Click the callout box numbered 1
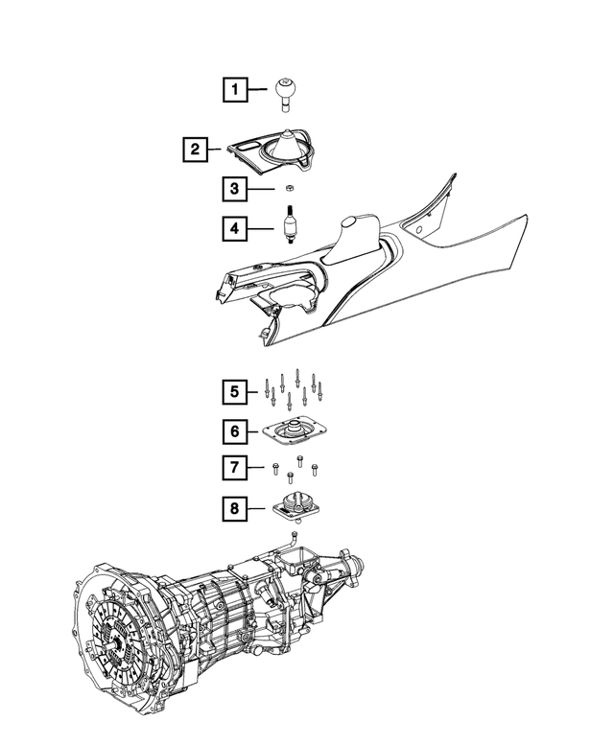tap(235, 89)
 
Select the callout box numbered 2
tap(196, 150)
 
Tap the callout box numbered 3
tap(235, 189)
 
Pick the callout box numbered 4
tap(235, 228)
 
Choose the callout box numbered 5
tap(235, 392)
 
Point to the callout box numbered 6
tap(235, 431)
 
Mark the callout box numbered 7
tap(235, 468)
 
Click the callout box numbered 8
tap(235, 509)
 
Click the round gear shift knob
tap(286, 94)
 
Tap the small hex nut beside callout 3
tap(288, 189)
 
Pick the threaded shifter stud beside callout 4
tap(290, 224)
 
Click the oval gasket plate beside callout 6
tap(295, 431)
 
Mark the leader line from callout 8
tap(256, 509)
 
